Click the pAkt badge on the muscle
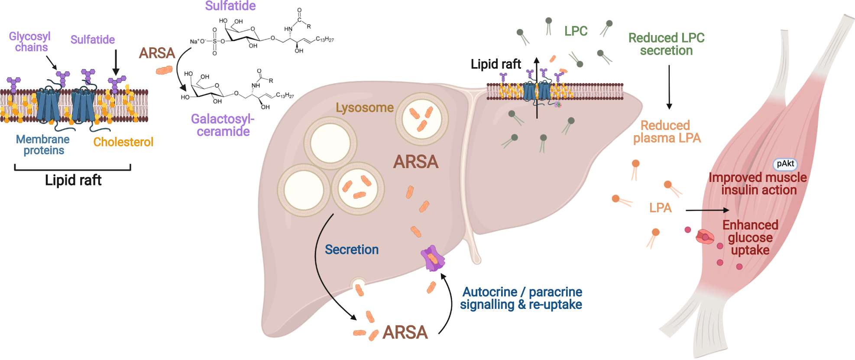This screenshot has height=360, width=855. coord(785,164)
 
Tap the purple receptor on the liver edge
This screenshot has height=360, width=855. coord(432,259)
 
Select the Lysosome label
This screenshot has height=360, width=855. coord(364,107)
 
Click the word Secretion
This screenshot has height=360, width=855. coord(352,250)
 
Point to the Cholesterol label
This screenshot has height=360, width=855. coord(123,142)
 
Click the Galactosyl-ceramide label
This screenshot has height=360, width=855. coord(223,125)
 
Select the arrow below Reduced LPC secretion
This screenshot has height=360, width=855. coord(669,87)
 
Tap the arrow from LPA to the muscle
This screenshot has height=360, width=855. coord(707,210)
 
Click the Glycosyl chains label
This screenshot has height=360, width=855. coord(30,42)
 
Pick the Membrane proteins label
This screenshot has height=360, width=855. coord(43,145)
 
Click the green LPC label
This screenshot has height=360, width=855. coord(576,31)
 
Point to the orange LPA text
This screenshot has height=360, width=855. coord(660,208)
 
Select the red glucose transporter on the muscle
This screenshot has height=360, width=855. coord(704,237)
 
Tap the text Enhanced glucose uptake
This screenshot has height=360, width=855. coord(750,237)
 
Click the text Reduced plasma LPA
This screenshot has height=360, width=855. coord(666,132)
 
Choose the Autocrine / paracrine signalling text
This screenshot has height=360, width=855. coord(521,298)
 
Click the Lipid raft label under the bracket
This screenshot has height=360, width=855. coord(73,180)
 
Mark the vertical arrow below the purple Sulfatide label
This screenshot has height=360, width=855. coord(116,62)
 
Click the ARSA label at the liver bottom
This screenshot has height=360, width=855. coord(405,332)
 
